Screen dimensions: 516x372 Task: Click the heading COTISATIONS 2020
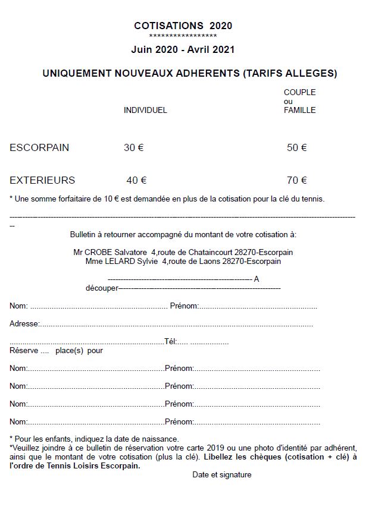click(183, 26)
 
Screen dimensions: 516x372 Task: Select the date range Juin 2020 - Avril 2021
click(183, 50)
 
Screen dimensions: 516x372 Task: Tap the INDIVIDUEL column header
click(145, 110)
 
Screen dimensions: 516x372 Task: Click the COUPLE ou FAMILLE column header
click(299, 101)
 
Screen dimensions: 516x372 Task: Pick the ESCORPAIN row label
click(39, 148)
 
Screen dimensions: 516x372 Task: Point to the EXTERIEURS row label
click(42, 180)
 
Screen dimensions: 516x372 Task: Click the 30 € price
click(133, 148)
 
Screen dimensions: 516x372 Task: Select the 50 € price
click(296, 148)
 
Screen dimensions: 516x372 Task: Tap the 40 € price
click(136, 180)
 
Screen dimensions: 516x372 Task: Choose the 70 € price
click(296, 180)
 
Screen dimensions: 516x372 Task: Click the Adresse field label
click(24, 324)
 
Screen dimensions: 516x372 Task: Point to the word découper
click(102, 288)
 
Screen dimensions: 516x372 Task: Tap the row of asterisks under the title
click(183, 36)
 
